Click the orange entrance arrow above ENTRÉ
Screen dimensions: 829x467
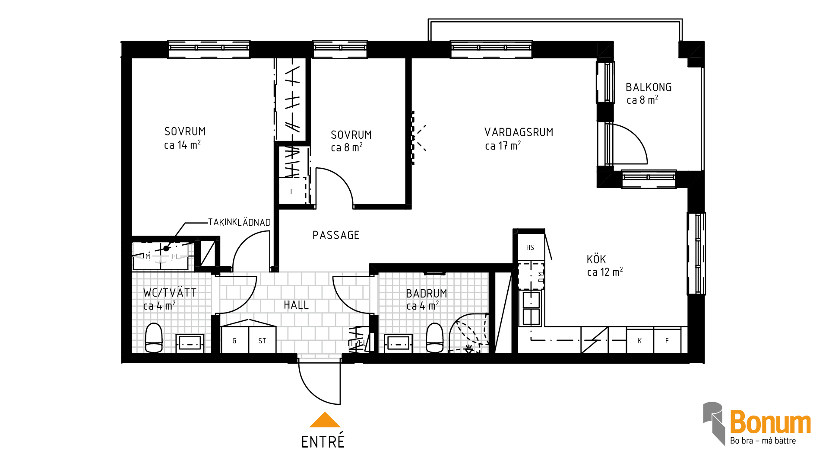pyautogui.click(x=325, y=420)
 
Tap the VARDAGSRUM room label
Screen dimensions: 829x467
pyautogui.click(x=519, y=132)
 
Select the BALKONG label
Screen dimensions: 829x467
pyautogui.click(x=649, y=87)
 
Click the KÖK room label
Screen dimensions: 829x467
pyautogui.click(x=596, y=259)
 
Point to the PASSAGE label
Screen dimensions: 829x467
pyautogui.click(x=336, y=235)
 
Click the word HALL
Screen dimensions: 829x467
pyautogui.click(x=296, y=305)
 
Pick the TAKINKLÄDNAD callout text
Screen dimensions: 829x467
pyautogui.click(x=239, y=222)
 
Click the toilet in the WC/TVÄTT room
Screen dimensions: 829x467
pyautogui.click(x=154, y=338)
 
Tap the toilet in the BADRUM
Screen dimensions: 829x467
pyautogui.click(x=435, y=338)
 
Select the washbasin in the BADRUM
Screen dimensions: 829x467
pyautogui.click(x=398, y=344)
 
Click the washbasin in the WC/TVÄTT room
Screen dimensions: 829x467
pyautogui.click(x=190, y=344)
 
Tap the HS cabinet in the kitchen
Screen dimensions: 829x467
pyautogui.click(x=531, y=247)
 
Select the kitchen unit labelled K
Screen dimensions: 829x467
pyautogui.click(x=640, y=341)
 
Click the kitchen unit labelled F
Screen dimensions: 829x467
pyautogui.click(x=668, y=341)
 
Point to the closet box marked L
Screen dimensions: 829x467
pyautogui.click(x=292, y=191)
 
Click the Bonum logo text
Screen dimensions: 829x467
pyautogui.click(x=770, y=422)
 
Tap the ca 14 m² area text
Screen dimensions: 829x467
pyautogui.click(x=182, y=145)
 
